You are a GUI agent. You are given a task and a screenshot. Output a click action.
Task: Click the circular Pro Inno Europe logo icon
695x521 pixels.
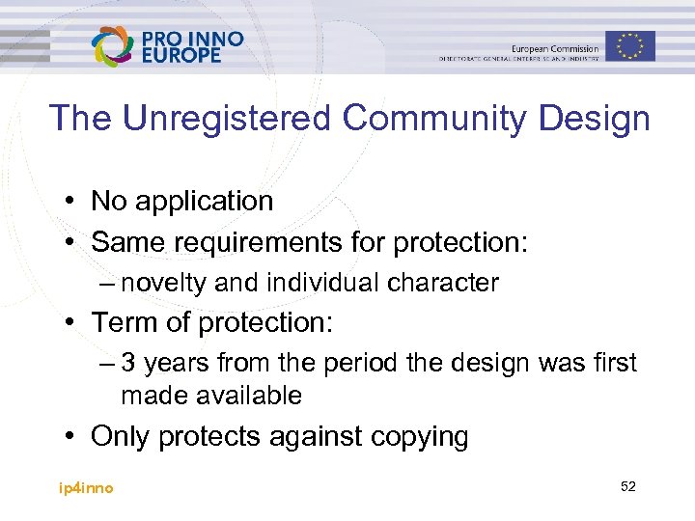113,45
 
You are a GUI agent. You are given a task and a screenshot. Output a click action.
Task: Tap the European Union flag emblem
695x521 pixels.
630,45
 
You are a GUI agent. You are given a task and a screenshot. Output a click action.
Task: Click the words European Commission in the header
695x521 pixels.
554,47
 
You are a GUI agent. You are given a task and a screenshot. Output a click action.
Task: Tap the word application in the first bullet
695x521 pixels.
205,201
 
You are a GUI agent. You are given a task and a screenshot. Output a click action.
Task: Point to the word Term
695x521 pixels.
122,323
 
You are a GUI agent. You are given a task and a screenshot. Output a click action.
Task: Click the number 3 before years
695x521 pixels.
128,364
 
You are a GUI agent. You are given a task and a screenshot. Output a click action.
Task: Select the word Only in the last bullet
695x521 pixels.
121,436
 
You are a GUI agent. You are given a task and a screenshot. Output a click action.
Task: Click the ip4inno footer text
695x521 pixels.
86,488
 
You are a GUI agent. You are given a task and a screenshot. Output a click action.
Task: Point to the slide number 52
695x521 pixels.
628,487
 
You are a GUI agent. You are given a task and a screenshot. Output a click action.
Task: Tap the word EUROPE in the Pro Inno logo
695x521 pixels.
181,56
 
